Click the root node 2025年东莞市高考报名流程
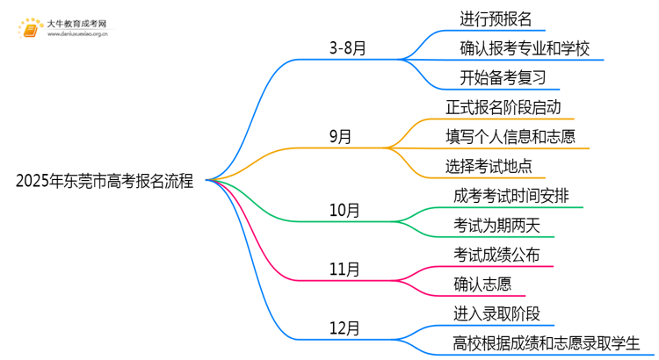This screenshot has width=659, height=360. click(105, 181)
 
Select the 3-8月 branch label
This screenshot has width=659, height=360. click(348, 48)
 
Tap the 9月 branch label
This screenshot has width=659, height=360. click(340, 136)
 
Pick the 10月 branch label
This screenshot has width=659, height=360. click(344, 210)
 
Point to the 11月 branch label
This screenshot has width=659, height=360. click(344, 269)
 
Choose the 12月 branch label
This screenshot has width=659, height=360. click(344, 328)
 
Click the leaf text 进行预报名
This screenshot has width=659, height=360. click(496, 19)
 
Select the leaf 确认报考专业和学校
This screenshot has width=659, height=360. click(525, 48)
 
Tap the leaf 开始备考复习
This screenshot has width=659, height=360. click(503, 78)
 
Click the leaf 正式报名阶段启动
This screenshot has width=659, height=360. click(503, 107)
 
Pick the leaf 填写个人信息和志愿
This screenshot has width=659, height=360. click(511, 137)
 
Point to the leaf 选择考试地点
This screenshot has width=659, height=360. click(489, 166)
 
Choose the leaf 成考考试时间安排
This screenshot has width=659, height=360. click(511, 196)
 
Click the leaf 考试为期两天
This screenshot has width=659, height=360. click(496, 226)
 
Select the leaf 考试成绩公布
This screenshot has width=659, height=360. click(496, 255)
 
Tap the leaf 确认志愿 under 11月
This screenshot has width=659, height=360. click(482, 284)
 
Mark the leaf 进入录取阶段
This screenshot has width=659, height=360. click(496, 313)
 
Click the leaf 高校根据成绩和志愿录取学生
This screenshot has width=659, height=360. click(546, 343)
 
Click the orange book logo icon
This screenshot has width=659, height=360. click(30, 28)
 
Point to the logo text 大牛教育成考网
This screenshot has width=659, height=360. click(76, 24)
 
